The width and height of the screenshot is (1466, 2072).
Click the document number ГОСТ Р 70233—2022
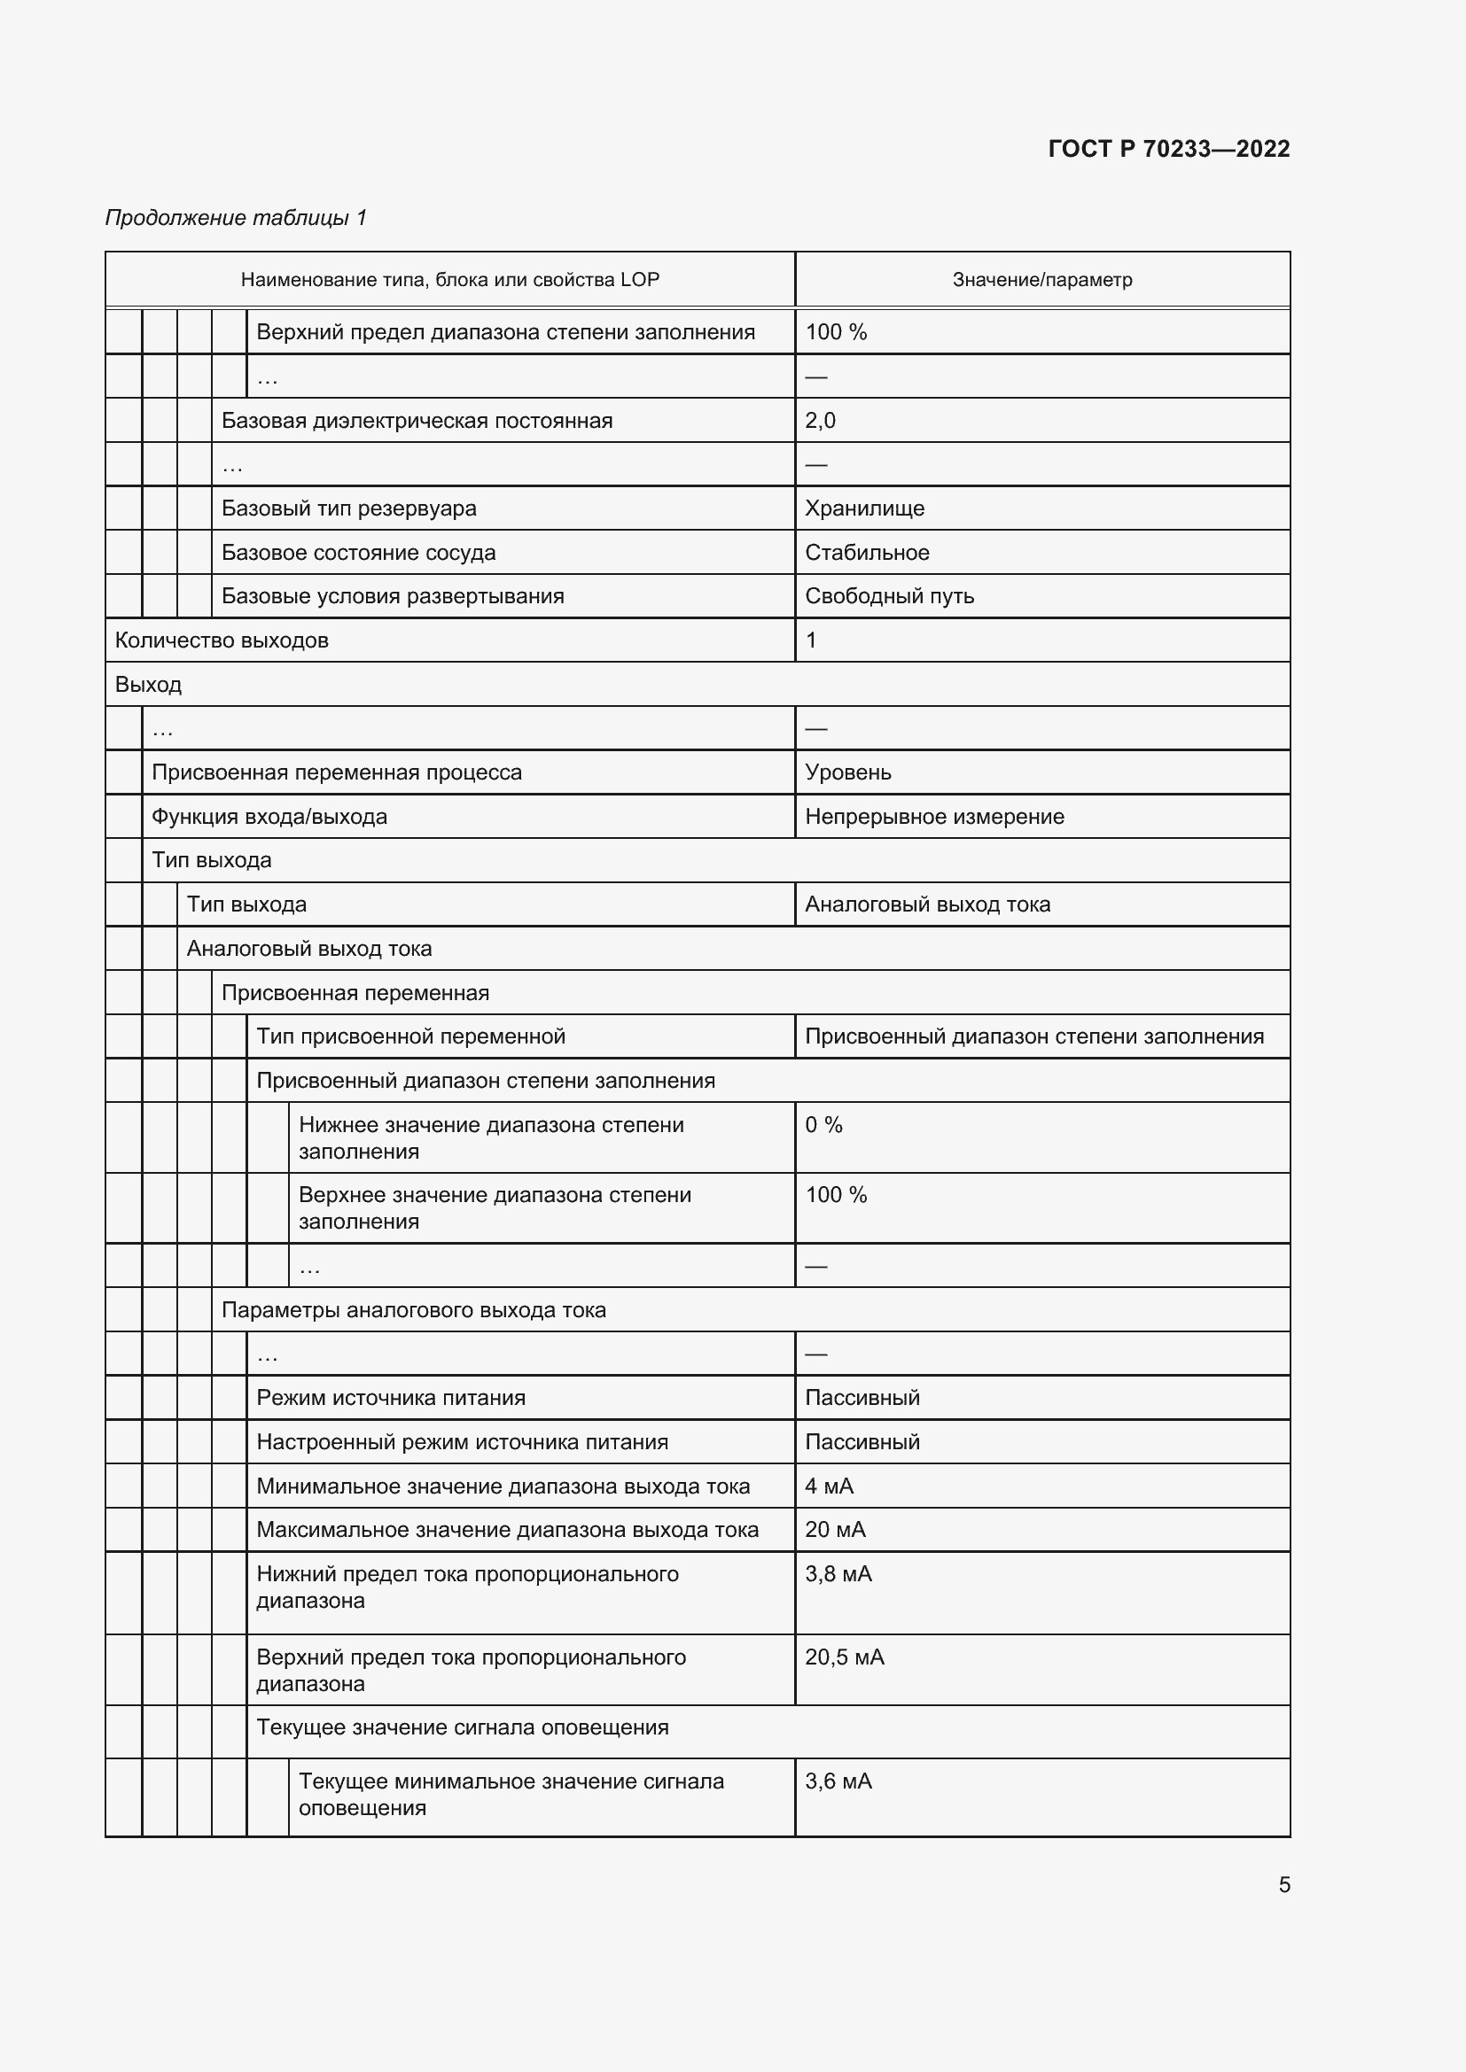click(x=1168, y=149)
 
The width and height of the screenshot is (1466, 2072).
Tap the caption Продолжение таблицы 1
click(x=236, y=218)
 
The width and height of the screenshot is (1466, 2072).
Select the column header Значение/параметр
click(x=1041, y=280)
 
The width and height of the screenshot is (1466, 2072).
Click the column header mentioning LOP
click(x=449, y=280)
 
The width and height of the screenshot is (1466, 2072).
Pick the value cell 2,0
click(x=821, y=421)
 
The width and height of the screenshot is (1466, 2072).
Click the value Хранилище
click(x=864, y=508)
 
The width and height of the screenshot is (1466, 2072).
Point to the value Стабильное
click(x=867, y=552)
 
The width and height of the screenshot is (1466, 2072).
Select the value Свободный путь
click(x=889, y=595)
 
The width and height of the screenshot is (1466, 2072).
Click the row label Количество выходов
click(x=222, y=640)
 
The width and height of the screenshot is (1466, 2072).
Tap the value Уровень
click(x=847, y=772)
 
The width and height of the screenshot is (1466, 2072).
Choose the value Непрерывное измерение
click(x=934, y=817)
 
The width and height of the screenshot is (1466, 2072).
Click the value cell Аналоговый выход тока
click(x=927, y=904)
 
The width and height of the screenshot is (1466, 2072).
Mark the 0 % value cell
click(x=823, y=1124)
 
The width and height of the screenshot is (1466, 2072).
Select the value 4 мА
click(x=829, y=1486)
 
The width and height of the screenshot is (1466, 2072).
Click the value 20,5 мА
click(x=844, y=1657)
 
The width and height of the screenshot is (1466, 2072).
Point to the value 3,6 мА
click(x=838, y=1781)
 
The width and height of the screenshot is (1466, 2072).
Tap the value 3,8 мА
click(x=838, y=1574)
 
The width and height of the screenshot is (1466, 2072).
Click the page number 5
click(x=1283, y=1884)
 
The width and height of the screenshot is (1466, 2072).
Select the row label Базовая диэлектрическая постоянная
click(x=417, y=421)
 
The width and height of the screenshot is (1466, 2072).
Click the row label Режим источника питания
click(x=391, y=1398)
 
